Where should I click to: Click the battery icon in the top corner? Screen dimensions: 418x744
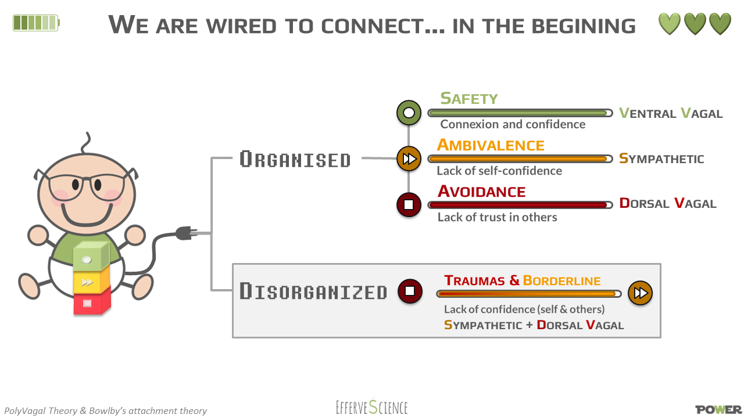[x=36, y=23]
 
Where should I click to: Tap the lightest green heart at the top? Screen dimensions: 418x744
[x=669, y=24]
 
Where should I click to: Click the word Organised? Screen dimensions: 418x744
[x=295, y=159]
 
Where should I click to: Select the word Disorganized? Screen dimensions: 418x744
[x=313, y=291]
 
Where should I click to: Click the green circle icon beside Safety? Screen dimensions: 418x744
[x=409, y=113]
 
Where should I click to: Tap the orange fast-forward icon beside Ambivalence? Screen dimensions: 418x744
[x=409, y=158]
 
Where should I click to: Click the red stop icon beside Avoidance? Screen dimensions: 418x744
[x=409, y=204]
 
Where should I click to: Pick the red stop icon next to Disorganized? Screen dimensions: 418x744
[x=410, y=291]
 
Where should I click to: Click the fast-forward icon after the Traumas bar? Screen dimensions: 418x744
[x=640, y=293]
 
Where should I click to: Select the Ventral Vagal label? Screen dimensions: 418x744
[x=671, y=113]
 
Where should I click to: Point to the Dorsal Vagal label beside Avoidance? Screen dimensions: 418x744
[x=668, y=203]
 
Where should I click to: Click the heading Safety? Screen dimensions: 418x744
[x=468, y=99]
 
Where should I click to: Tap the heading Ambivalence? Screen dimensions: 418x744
[x=491, y=145]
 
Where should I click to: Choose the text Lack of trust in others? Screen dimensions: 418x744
[x=497, y=217]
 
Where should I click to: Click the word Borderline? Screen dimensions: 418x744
[x=561, y=281]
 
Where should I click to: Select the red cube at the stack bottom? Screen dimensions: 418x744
[x=91, y=303]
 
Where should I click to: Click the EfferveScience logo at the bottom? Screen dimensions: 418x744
[x=372, y=407]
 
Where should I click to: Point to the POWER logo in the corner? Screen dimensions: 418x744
[x=718, y=409]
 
